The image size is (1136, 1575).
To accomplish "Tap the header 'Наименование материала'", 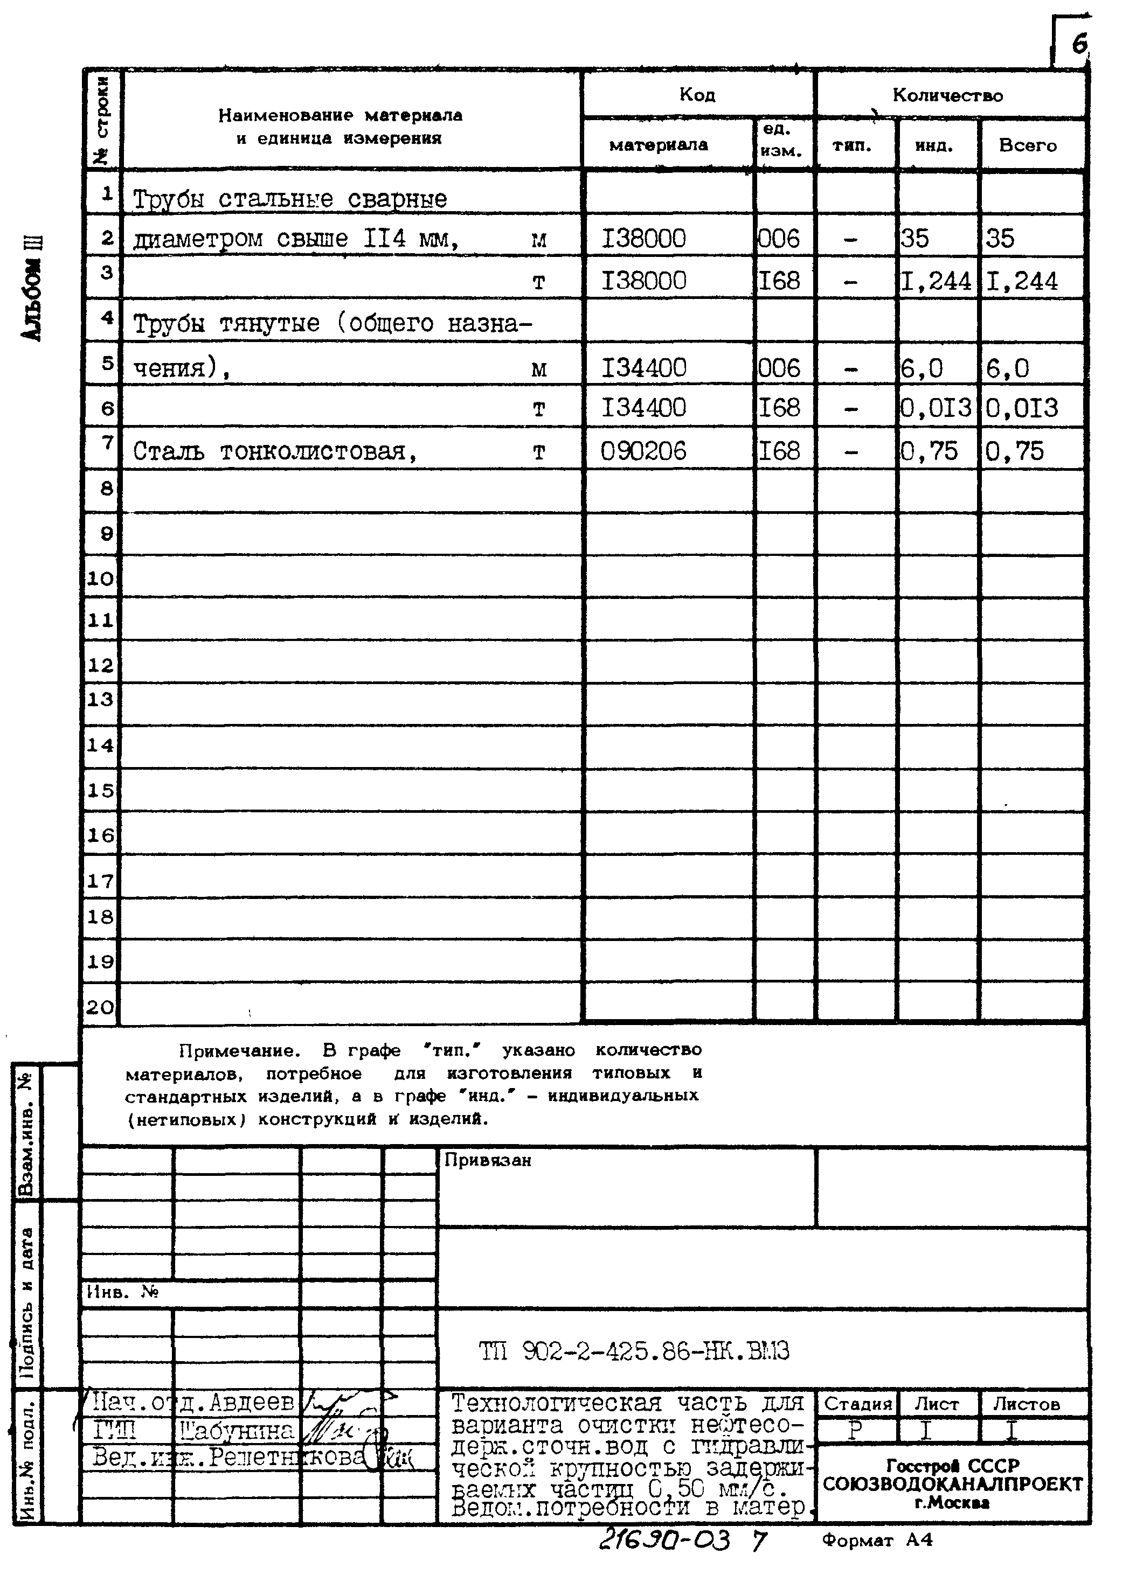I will point(340,116).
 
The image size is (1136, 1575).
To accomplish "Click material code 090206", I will point(643,451).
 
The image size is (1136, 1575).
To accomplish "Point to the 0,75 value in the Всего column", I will point(1014,451).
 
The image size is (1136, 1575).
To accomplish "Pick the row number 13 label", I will point(100,699).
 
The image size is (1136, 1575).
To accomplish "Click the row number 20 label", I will point(100,1007).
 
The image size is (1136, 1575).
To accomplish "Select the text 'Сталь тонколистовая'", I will point(274,452).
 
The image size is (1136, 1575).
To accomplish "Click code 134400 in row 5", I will point(643,367).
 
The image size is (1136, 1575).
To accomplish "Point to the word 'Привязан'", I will point(487,1160).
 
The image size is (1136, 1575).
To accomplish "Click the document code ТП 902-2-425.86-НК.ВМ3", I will point(634,1351).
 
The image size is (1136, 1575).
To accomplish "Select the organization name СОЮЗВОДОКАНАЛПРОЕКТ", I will point(952,1485).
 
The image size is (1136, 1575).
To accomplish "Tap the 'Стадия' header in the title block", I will point(857,1404).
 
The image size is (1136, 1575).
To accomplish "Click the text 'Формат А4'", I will point(877,1541).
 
